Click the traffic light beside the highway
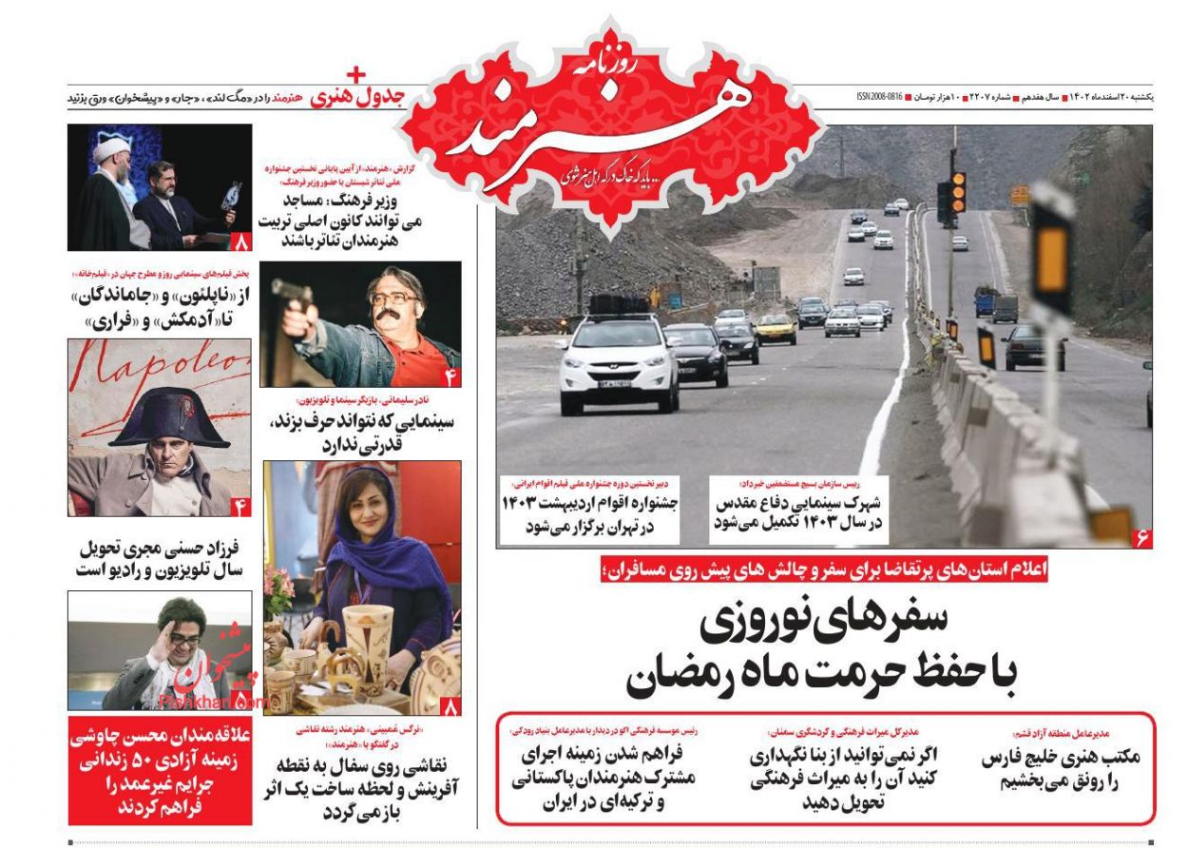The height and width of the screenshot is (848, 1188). [x=958, y=190]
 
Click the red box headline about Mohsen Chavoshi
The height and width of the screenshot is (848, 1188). [x=160, y=770]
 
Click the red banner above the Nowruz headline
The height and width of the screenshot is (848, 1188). [x=822, y=570]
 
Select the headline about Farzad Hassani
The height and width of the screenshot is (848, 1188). [x=160, y=559]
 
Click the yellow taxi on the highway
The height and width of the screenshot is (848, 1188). [x=775, y=329]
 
